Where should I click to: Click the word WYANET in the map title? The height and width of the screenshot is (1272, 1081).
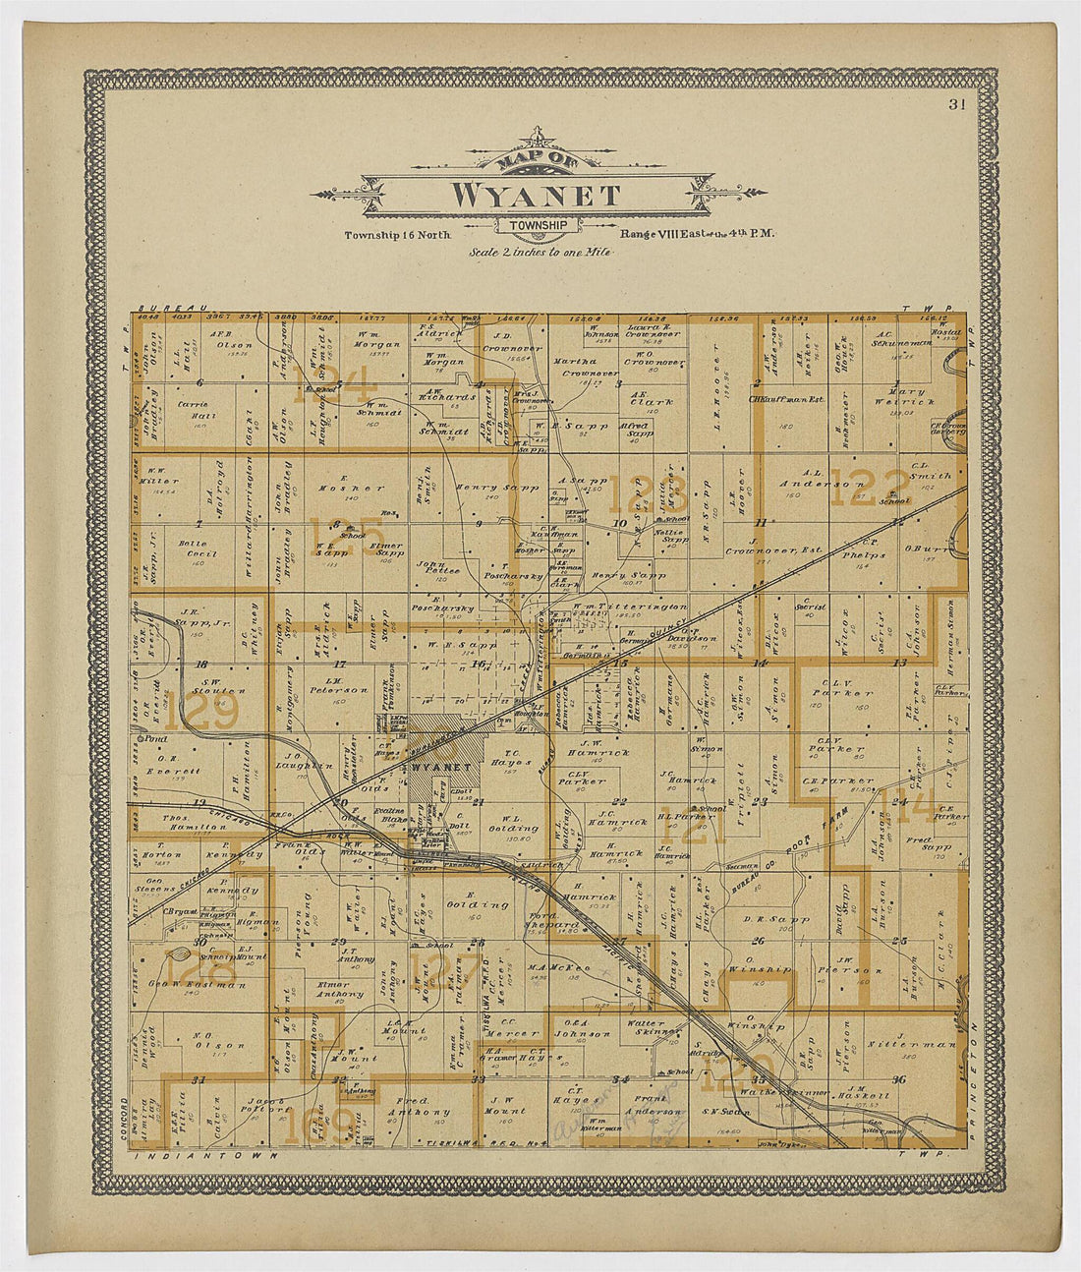[x=536, y=195]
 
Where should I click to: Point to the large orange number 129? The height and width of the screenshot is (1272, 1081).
[x=200, y=713]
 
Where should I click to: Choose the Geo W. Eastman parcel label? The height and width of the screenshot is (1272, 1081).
[x=193, y=984]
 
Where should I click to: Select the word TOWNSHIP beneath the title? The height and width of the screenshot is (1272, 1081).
[x=537, y=225]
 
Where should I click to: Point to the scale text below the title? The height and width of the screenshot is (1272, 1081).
[x=539, y=252]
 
